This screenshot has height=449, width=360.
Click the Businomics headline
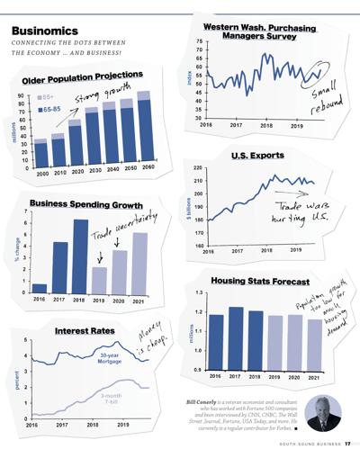[48, 31]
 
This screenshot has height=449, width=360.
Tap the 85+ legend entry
[49, 95]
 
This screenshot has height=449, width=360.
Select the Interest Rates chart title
[85, 331]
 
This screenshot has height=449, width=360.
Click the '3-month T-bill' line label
[112, 399]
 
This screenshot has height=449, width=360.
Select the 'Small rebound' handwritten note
[325, 95]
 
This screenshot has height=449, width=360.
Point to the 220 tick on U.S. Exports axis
[198, 168]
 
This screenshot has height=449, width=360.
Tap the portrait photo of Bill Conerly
[322, 412]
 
